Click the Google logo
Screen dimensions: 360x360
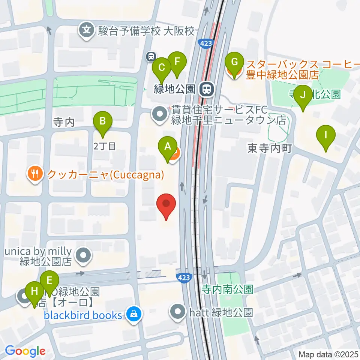(x=25, y=351)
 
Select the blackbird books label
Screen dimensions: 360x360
(x=83, y=315)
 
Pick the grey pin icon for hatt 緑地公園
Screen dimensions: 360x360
(x=177, y=312)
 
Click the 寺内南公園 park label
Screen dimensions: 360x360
(x=228, y=289)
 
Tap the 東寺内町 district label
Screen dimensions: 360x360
(x=270, y=149)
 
